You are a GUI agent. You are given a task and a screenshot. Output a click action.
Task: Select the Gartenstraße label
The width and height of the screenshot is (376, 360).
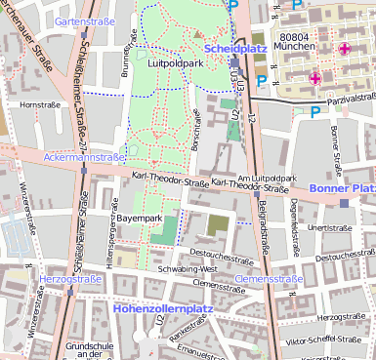click(x=81, y=20)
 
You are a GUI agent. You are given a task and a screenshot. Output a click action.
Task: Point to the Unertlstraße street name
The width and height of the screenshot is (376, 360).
click(x=328, y=227)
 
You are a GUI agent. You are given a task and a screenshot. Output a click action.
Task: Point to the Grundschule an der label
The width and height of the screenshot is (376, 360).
click(x=84, y=350)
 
